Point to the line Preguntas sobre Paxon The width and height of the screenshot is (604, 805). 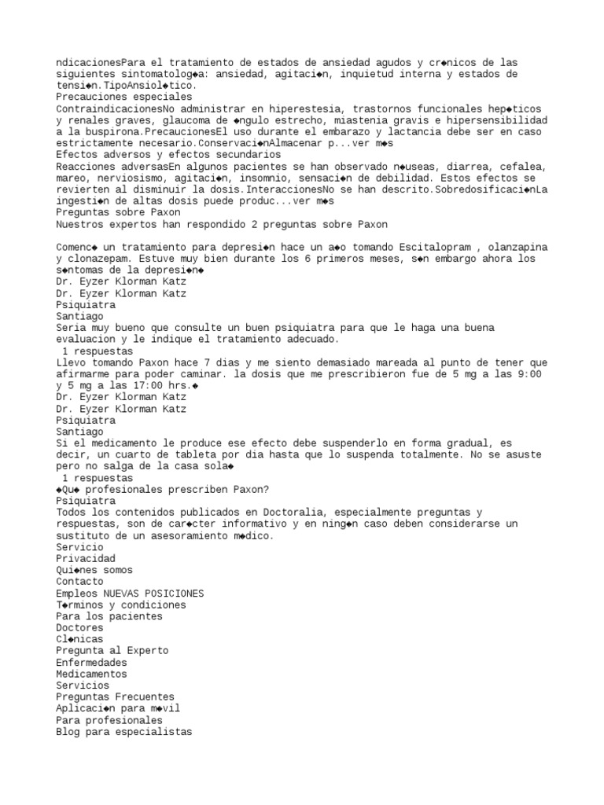(x=119, y=212)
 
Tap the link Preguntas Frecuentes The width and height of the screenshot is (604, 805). (x=116, y=697)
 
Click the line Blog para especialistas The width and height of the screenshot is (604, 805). (x=124, y=732)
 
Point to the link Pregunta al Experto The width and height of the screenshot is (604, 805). (x=112, y=651)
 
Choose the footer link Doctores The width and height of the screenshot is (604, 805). (x=79, y=628)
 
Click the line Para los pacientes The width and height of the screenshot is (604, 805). (x=109, y=616)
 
